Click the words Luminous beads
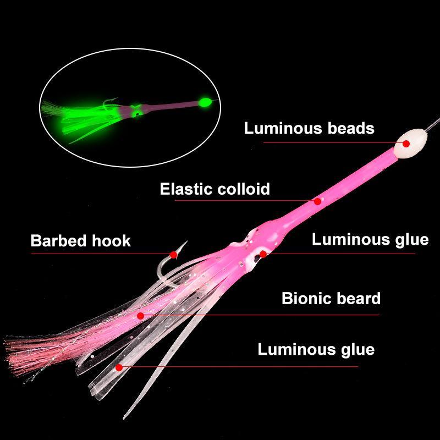[309, 128]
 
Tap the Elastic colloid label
[215, 189]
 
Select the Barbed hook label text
[80, 241]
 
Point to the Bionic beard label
[331, 298]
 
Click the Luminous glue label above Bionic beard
[370, 240]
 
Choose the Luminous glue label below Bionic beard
[316, 349]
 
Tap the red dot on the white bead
[406, 144]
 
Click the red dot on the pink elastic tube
[317, 201]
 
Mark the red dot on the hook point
[174, 255]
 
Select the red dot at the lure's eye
[263, 254]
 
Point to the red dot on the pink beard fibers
[141, 316]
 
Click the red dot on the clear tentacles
[119, 367]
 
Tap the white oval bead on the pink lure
[410, 143]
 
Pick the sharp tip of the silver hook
[187, 241]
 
